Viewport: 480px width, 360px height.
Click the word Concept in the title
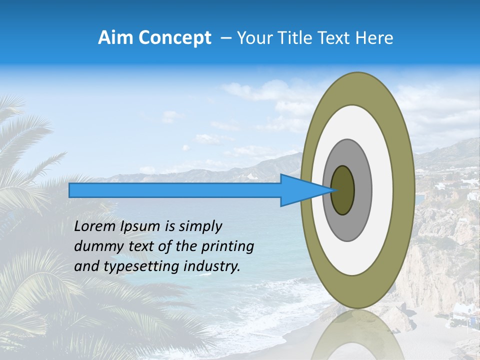[x=174, y=38]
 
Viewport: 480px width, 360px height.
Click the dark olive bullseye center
[x=343, y=190]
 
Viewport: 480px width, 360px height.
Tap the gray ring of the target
[x=362, y=190]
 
